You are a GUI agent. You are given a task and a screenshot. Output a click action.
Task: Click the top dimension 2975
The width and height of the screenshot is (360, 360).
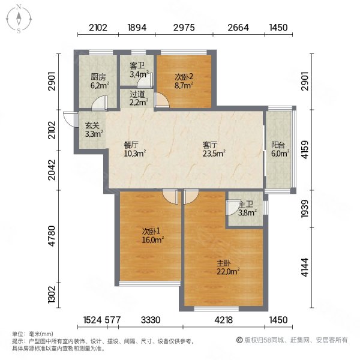click(184, 28)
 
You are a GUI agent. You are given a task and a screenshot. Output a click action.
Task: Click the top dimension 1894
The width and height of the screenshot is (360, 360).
click(137, 28)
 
